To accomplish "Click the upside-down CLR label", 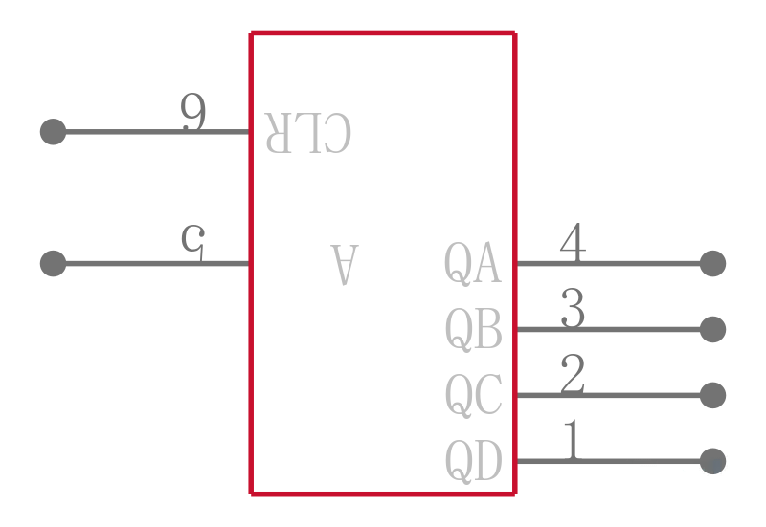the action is coord(307,133).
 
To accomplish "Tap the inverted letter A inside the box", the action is coord(345,265).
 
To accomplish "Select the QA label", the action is coord(472,264).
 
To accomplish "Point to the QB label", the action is coord(473,329).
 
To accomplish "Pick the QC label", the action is coord(473,395).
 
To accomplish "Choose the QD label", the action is coord(473,461).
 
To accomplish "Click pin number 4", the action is coord(573,243).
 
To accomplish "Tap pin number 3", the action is coord(573,308).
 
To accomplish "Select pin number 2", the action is coord(573,374).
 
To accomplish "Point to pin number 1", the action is coord(573,440).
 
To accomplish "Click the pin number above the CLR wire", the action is coord(193,112).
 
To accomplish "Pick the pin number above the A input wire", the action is coord(193,243).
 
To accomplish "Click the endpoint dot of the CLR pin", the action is coord(54,132).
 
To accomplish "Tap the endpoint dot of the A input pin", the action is coord(54,264).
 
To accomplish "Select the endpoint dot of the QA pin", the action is coord(712,264).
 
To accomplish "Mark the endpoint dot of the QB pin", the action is coord(712,329).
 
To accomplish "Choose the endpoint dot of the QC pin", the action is coord(712,395).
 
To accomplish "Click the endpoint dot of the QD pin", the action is coord(712,461).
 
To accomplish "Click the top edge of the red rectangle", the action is coord(383,33).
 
